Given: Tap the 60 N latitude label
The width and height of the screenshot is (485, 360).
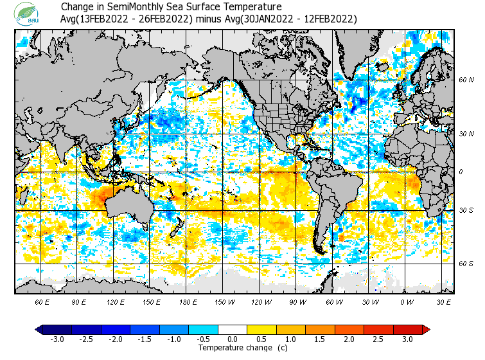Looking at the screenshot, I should (466, 80).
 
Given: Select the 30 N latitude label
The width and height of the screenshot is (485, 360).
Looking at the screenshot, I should (466, 134).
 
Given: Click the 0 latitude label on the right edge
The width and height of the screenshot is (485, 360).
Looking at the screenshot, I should (462, 172).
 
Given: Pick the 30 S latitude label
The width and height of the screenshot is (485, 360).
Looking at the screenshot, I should (466, 210).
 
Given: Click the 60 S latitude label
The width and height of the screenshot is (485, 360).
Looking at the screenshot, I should (466, 264).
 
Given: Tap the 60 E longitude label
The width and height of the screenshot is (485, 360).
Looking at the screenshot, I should (42, 302).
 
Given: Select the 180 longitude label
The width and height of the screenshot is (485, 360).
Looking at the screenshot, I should (188, 302).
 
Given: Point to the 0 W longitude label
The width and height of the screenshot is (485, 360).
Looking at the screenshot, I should (406, 302).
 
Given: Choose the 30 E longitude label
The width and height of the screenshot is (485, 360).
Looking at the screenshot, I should (443, 302).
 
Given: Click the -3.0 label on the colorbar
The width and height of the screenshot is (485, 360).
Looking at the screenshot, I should (57, 339).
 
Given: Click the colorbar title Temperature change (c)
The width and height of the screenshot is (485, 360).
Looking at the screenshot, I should (234, 348).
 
